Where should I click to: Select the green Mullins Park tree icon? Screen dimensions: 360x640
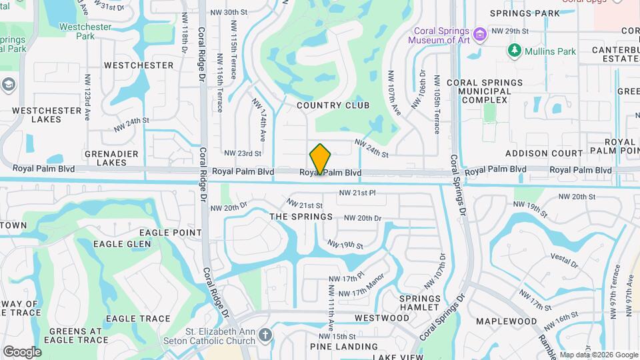coord(514,50)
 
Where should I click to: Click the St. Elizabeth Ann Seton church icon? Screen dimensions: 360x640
coord(265,335)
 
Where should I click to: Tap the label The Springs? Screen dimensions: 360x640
coord(301,217)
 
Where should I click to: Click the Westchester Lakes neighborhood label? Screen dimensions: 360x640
coord(46,115)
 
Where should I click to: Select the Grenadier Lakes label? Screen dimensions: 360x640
coord(111,157)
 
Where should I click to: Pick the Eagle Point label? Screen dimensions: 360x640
coord(170,233)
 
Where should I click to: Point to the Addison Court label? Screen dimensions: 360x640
coord(545,153)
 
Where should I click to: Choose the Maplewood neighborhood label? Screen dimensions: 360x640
coord(506,321)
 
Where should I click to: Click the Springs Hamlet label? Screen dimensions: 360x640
coord(419,303)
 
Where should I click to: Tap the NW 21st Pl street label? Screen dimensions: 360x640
coord(357,193)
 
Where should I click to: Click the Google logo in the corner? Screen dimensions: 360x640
coord(22,351)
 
